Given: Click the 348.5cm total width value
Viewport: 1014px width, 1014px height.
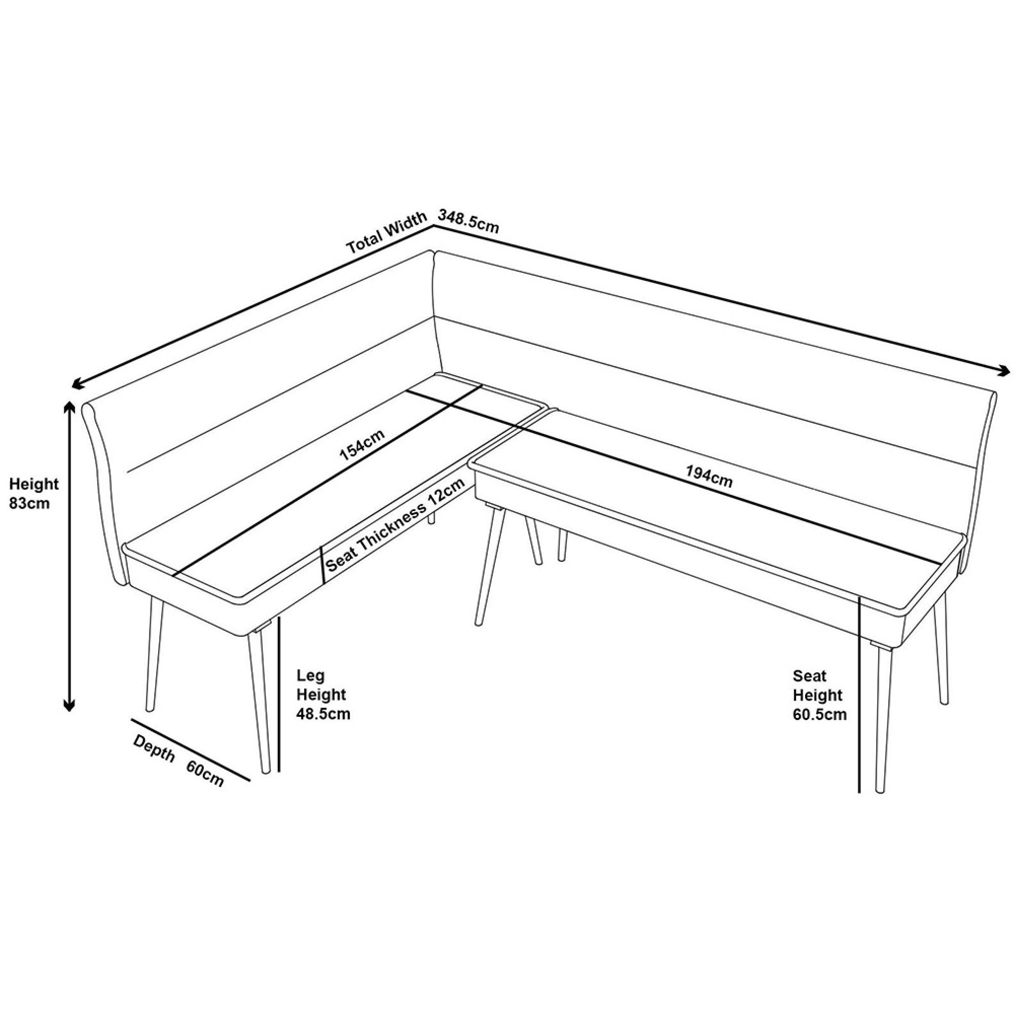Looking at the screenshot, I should tap(468, 221).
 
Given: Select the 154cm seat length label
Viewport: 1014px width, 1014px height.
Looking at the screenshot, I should tap(362, 445).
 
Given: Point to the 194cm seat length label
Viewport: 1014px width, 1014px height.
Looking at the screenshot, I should tap(709, 477).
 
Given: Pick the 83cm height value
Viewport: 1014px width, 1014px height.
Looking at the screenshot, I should tap(29, 503).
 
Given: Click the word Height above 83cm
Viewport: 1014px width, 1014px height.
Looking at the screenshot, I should tap(34, 483).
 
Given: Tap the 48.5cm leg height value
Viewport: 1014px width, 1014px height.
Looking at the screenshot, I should tap(323, 714).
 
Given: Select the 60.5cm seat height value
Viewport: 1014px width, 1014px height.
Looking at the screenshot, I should tap(819, 714).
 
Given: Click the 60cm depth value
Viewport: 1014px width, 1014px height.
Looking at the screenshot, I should tap(205, 774).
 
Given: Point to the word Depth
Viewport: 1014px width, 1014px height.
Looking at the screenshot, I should tap(154, 748).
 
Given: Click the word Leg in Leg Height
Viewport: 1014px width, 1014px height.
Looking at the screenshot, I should tap(311, 675).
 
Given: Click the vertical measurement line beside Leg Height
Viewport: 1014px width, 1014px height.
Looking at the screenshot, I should tap(279, 693).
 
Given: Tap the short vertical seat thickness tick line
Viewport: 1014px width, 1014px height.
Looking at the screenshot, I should tap(322, 564).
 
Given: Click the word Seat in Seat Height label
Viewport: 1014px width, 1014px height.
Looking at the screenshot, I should tap(809, 675).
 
